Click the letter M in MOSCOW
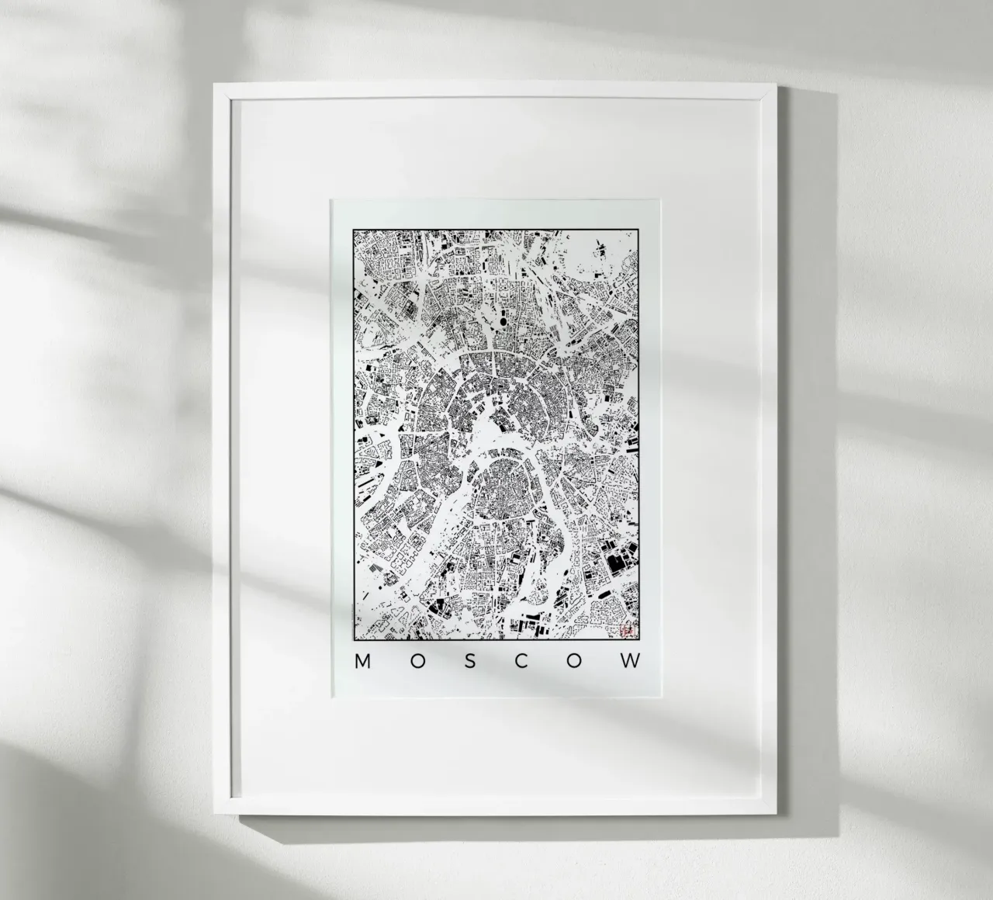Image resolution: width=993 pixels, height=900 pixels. click(362, 661)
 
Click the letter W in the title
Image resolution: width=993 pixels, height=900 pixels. click(632, 661)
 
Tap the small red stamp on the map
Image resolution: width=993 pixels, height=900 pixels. click(627, 632)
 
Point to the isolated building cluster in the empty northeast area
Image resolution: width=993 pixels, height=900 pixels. click(600, 249)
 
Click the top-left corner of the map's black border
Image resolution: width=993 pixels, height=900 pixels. click(353, 230)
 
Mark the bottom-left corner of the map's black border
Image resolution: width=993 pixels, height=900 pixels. click(353, 643)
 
